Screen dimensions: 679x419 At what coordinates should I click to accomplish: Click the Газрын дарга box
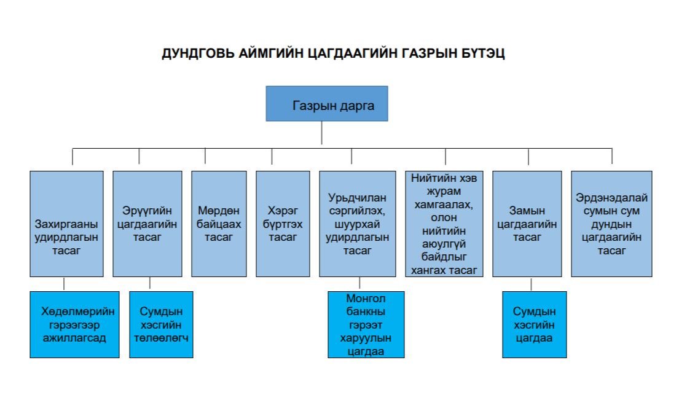(327, 103)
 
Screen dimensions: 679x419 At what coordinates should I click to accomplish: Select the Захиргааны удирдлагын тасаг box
(67, 224)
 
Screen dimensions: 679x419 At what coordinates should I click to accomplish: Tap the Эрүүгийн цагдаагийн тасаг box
(147, 224)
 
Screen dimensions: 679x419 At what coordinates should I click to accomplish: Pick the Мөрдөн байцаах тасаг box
(219, 224)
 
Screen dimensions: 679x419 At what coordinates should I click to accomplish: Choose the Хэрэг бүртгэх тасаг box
(283, 224)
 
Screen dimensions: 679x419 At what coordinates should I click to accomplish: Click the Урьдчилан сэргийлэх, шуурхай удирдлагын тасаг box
(358, 224)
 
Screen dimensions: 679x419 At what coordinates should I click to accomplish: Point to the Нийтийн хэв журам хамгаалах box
(444, 224)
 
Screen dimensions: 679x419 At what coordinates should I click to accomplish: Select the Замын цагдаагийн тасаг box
(527, 224)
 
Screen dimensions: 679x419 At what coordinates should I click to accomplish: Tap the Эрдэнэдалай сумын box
(611, 224)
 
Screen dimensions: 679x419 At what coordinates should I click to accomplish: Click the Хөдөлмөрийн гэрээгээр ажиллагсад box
(74, 324)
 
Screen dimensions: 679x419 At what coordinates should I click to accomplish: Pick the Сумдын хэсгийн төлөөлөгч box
(161, 324)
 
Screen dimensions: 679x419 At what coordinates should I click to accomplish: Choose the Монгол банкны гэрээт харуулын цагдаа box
(366, 324)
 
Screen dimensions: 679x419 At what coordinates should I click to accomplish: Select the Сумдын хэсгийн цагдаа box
(535, 324)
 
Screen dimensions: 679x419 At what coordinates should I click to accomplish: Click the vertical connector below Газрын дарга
(322, 133)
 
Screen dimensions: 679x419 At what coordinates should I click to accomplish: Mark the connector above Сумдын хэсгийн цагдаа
(532, 284)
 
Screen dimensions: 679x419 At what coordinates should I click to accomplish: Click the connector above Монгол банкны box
(359, 283)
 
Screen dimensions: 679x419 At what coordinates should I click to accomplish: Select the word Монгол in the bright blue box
(366, 298)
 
